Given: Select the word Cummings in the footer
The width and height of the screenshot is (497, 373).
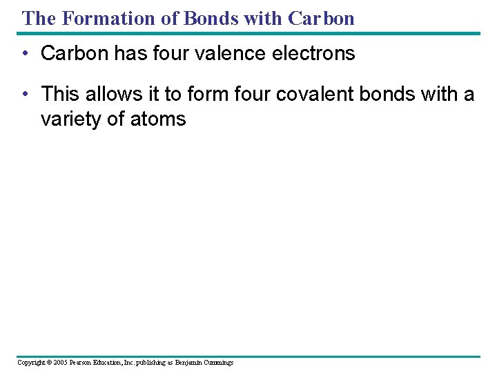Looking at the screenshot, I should pos(218,362).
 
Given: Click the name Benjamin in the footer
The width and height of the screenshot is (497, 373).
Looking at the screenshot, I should pos(187,362).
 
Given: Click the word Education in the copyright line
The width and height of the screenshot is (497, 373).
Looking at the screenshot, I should pos(114,362).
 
